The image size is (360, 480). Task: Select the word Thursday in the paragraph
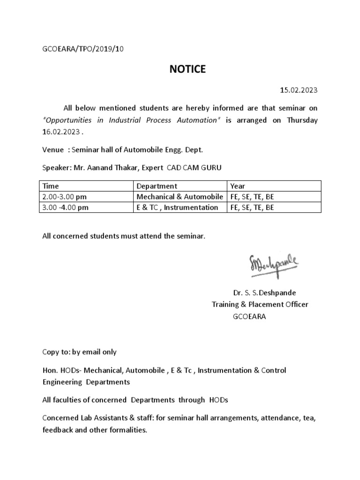302,120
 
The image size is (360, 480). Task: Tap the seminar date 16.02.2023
62,132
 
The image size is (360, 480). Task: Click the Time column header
51,186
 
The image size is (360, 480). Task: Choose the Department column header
157,186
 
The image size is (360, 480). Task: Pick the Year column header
238,186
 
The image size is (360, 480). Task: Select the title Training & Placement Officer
260,304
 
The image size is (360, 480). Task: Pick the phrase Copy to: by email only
79,352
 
